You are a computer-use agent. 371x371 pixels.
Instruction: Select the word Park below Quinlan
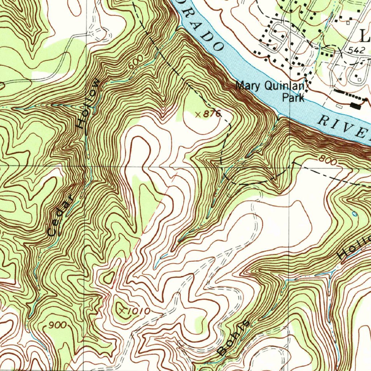point(293,98)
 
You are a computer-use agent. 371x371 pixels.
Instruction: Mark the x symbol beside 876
point(197,114)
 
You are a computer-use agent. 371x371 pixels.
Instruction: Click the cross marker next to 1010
point(123,310)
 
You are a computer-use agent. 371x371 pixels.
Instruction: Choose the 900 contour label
point(58,325)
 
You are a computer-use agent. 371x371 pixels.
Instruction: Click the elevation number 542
point(358,51)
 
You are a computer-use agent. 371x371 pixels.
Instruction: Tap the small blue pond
point(354,214)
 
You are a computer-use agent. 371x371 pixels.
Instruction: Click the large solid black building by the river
point(356,106)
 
